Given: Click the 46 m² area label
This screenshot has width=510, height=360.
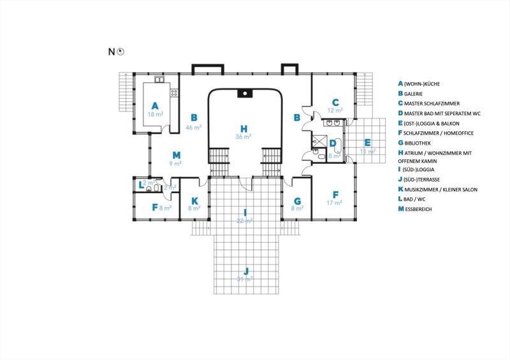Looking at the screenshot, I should click(x=194, y=127).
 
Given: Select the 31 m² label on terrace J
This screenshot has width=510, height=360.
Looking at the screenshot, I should click(x=245, y=279).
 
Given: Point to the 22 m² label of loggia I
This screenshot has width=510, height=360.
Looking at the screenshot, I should click(x=245, y=221).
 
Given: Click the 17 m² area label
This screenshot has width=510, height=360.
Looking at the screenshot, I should click(x=335, y=203).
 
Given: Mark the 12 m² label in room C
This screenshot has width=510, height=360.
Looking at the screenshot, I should click(x=335, y=111).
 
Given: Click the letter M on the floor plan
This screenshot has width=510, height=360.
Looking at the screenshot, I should click(x=177, y=155).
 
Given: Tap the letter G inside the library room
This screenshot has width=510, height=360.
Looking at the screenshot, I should click(x=297, y=200).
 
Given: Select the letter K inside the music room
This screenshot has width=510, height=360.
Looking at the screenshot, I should click(x=194, y=200).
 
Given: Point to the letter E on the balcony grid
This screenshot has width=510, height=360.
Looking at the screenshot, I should click(x=367, y=142).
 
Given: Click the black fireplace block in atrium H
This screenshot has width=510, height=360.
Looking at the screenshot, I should click(x=245, y=94).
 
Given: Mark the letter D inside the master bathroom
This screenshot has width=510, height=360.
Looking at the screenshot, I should click(x=333, y=143).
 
